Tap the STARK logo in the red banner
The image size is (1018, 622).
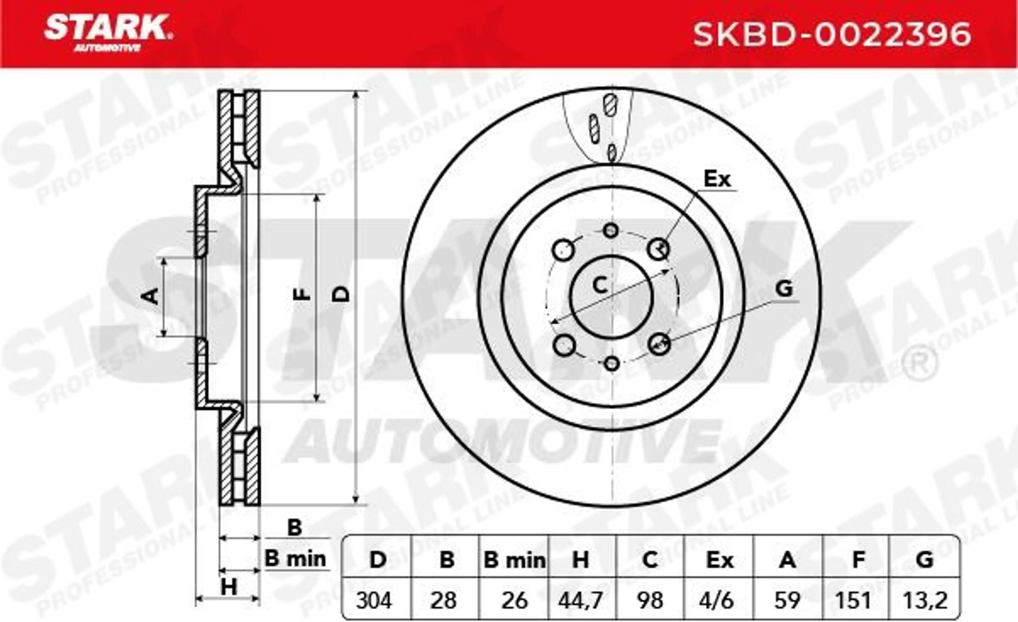(108, 33)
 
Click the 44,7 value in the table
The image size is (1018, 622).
(581, 601)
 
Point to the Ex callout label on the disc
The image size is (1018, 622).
(717, 179)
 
